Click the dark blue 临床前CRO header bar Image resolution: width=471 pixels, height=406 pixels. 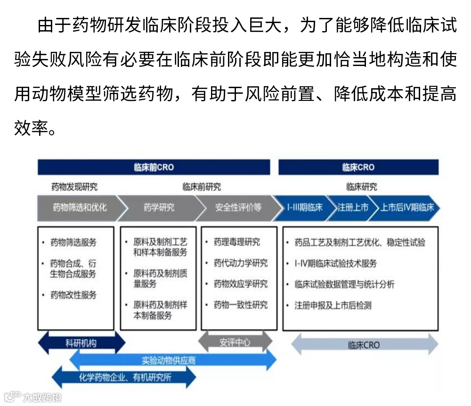tap(154, 167)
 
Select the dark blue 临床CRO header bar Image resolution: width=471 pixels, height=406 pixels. tap(358, 167)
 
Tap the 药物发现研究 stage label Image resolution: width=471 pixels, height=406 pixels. tap(74, 187)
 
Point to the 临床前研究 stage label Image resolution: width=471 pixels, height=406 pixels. tap(202, 187)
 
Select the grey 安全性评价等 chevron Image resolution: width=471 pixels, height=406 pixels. tap(237, 207)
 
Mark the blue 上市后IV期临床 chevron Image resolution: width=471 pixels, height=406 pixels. tap(407, 207)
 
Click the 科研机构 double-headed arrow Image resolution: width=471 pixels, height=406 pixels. tap(81, 343)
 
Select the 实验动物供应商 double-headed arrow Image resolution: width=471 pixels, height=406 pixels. tap(172, 361)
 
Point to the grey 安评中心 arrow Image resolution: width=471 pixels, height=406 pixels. tap(235, 342)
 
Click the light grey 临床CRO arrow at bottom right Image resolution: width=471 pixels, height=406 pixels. tap(365, 345)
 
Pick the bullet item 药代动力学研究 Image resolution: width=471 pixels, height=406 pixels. tap(240, 263)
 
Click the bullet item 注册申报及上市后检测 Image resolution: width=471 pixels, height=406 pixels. tap(333, 305)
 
